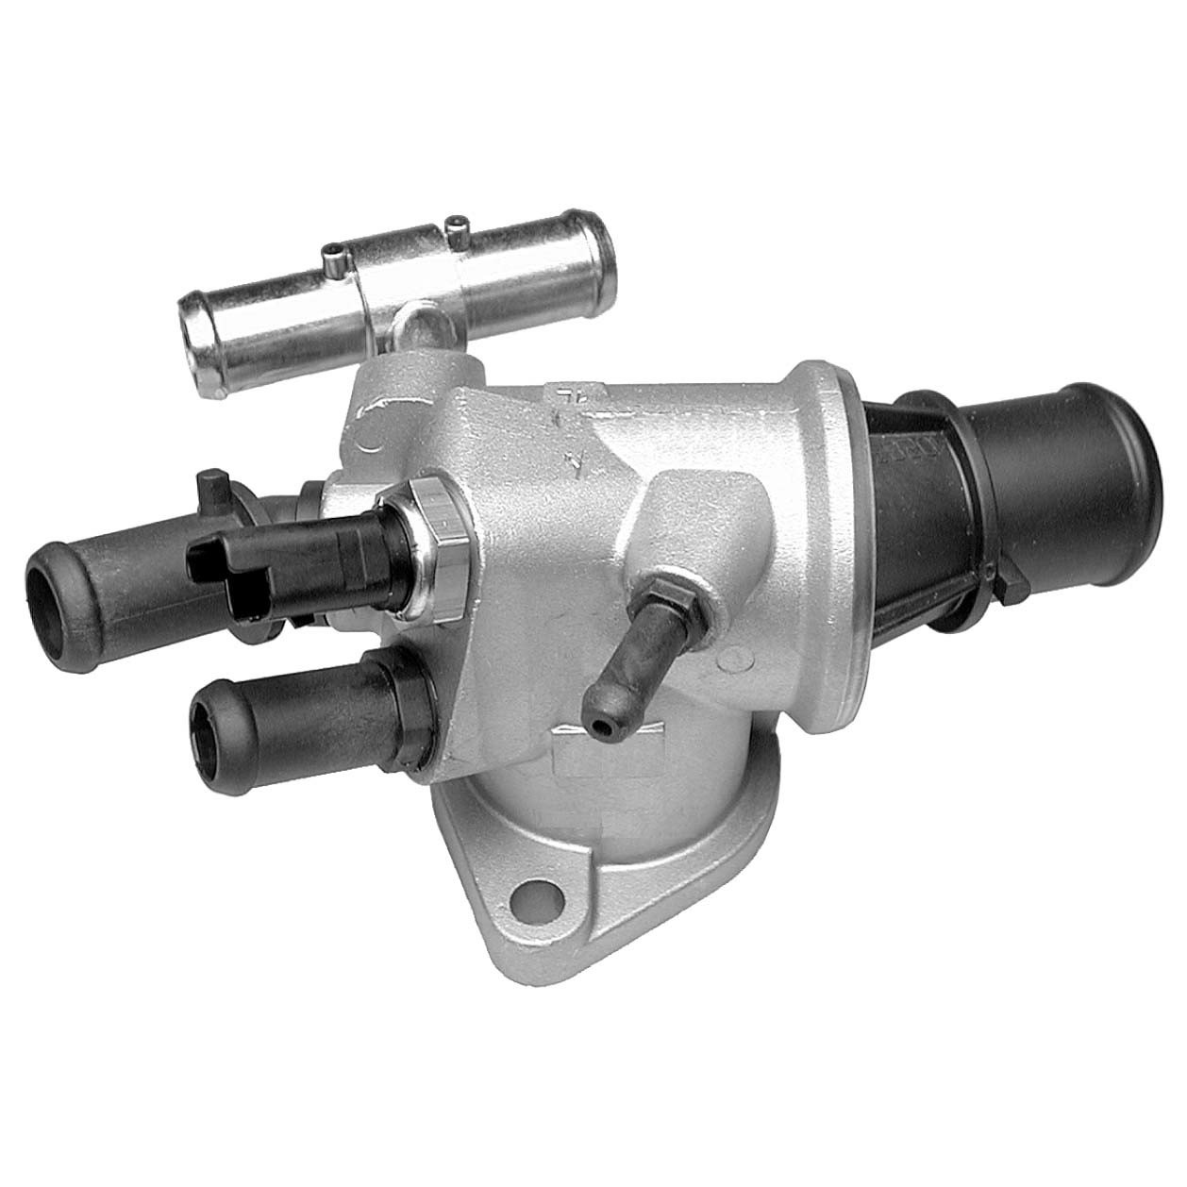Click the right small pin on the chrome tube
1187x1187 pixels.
[x=458, y=226]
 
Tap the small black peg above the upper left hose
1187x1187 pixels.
[x=212, y=483]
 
